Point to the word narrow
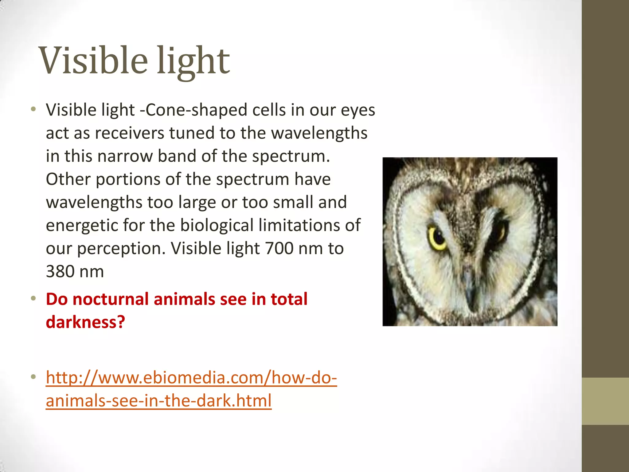tap(125, 156)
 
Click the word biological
tap(217, 225)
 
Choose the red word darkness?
tap(85, 322)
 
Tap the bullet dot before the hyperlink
tap(33, 377)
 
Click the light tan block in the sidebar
tap(605, 401)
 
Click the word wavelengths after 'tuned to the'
tap(319, 133)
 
